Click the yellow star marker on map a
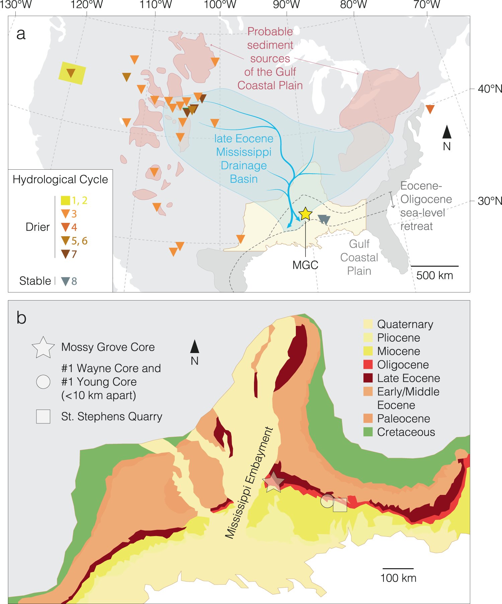305,213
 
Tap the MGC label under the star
305,265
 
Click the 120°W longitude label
86,5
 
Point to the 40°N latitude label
490,89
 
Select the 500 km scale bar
434,266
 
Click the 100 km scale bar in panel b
398,568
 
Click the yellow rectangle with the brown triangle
72,73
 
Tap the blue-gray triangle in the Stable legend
66,281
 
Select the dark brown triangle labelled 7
66,254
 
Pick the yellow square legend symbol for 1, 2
65,200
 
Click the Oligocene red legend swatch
368,364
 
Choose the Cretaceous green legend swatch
368,432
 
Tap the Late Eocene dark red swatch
368,378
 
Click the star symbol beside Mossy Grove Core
43,348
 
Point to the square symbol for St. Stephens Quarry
43,417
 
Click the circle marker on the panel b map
327,501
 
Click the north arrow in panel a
447,132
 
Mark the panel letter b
21,318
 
